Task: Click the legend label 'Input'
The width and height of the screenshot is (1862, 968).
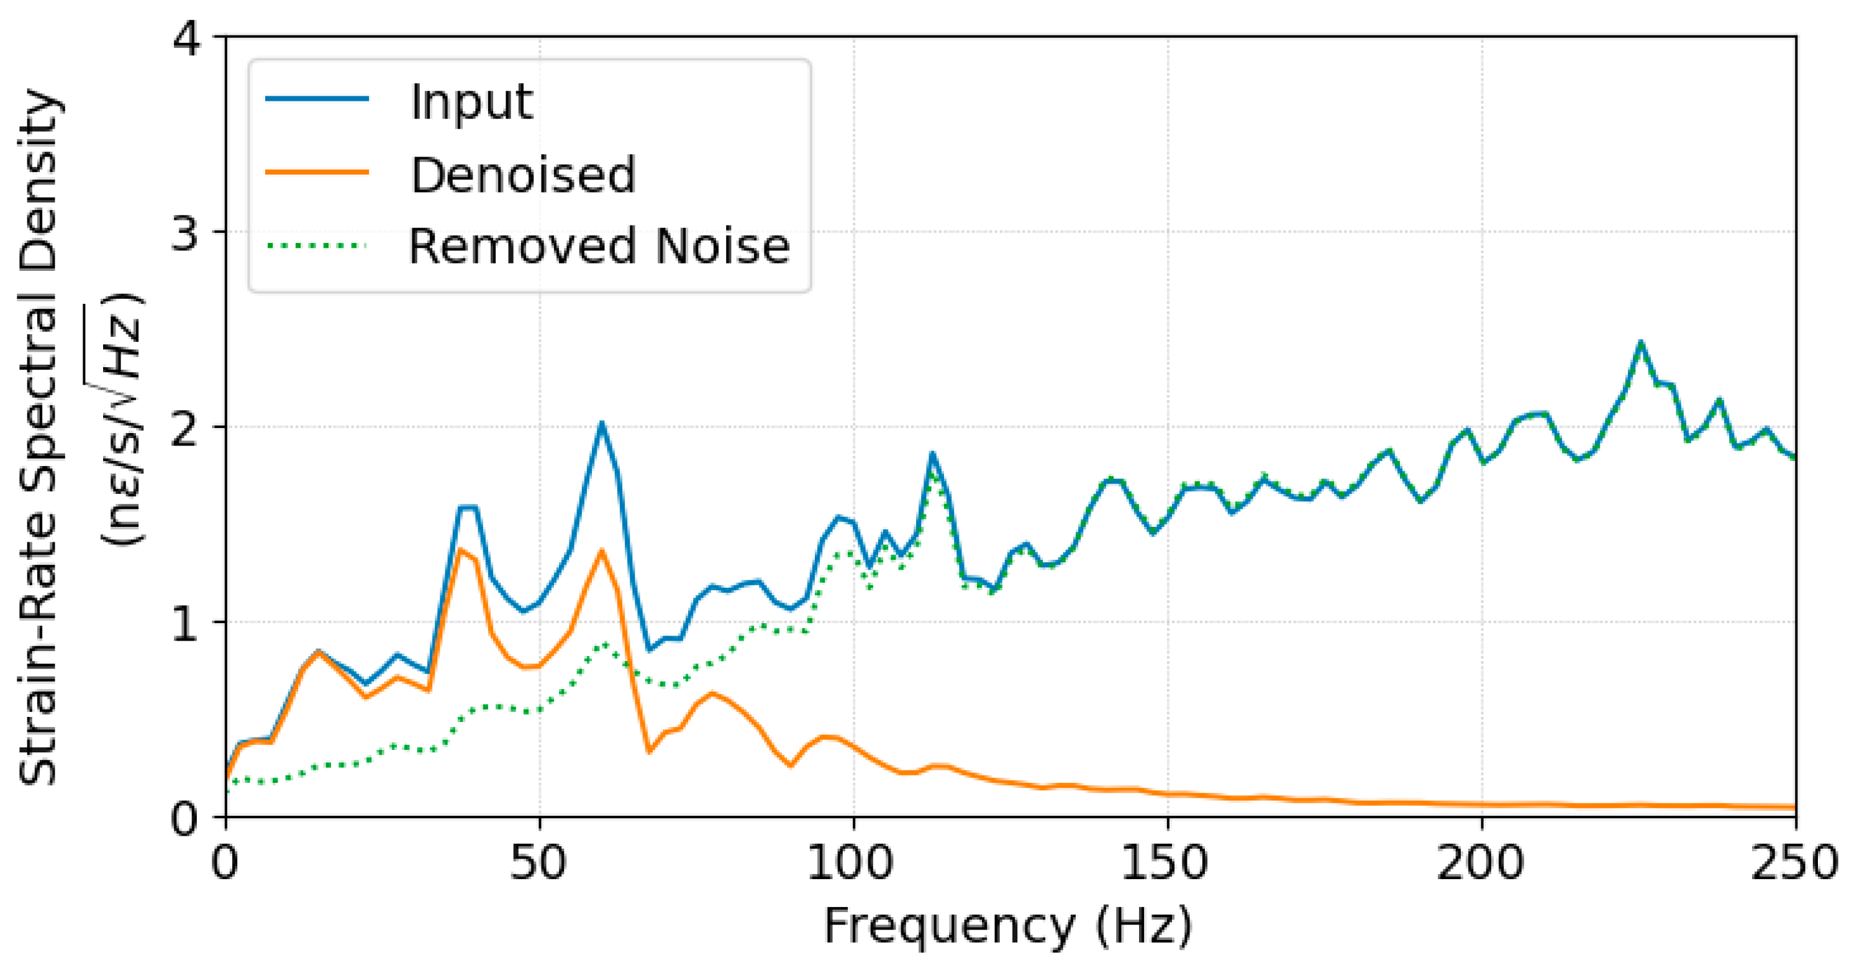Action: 471,102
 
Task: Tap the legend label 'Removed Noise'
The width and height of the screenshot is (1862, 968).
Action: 599,247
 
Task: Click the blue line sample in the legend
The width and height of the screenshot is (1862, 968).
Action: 317,99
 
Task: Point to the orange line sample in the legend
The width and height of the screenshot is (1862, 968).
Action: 317,172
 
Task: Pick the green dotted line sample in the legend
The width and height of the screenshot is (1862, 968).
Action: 317,246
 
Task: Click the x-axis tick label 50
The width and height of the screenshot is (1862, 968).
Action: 539,862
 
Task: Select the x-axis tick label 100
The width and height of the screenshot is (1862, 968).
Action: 853,862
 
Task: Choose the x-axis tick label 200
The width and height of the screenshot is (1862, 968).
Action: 1481,862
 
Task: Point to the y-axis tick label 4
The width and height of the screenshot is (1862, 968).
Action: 186,38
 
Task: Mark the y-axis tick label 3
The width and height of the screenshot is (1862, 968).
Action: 186,233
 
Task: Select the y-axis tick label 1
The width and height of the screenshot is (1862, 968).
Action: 186,623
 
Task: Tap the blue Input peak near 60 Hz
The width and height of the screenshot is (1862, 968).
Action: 601,424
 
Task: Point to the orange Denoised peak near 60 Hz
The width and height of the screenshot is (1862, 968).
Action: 601,552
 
